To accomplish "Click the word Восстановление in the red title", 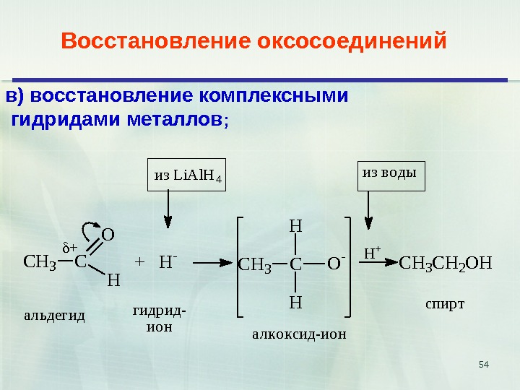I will (x=155, y=41).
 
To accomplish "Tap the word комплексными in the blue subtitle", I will (x=273, y=96).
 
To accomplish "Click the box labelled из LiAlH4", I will (x=186, y=174).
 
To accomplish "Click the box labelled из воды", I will (x=391, y=173).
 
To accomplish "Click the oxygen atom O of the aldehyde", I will (x=107, y=235).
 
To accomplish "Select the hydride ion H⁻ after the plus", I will (x=168, y=261).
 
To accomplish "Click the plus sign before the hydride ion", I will (x=140, y=261).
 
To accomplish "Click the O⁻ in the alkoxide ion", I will (x=335, y=264).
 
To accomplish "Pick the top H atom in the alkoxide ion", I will (x=295, y=226).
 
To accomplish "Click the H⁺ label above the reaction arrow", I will (x=372, y=253).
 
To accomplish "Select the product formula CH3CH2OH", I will (x=445, y=262).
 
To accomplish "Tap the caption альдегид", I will (x=55, y=316).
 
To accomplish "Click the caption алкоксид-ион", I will (x=300, y=334).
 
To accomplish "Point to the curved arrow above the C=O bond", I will (x=90, y=230).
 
